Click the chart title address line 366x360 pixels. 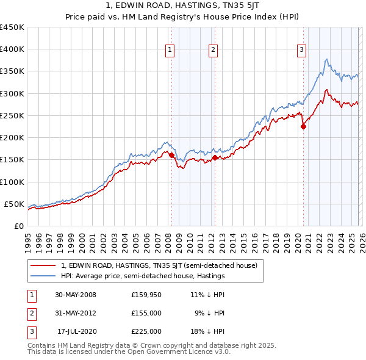[x=182, y=7]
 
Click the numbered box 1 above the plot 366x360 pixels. [x=169, y=50]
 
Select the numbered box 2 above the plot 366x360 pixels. [x=213, y=50]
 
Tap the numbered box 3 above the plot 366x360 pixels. [x=301, y=50]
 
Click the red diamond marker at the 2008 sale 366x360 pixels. [x=171, y=156]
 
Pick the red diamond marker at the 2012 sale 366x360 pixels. [x=215, y=157]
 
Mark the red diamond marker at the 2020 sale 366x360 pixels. [x=303, y=127]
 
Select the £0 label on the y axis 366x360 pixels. [x=18, y=226]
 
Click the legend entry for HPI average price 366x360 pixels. [x=143, y=276]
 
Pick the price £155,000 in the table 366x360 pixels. [x=146, y=313]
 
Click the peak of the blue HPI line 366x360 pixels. [x=327, y=59]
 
